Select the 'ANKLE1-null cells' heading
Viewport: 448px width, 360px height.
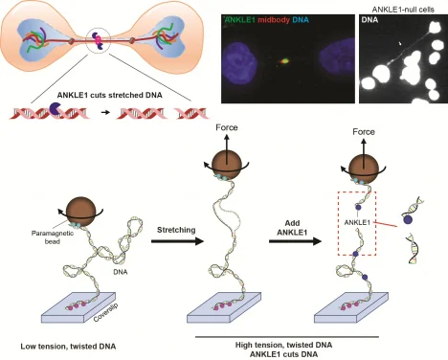[402, 8]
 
